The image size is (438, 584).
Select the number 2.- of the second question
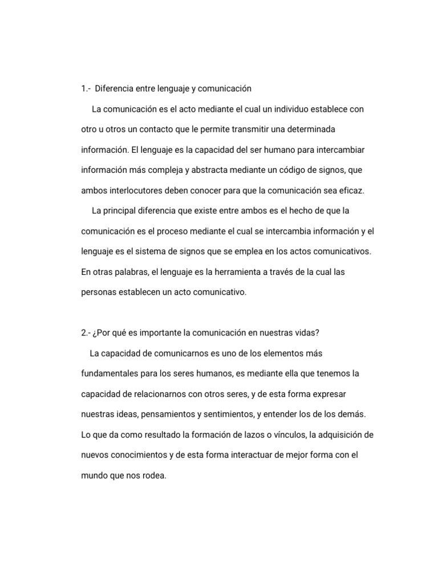coord(86,333)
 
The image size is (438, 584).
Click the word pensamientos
coord(165,415)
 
